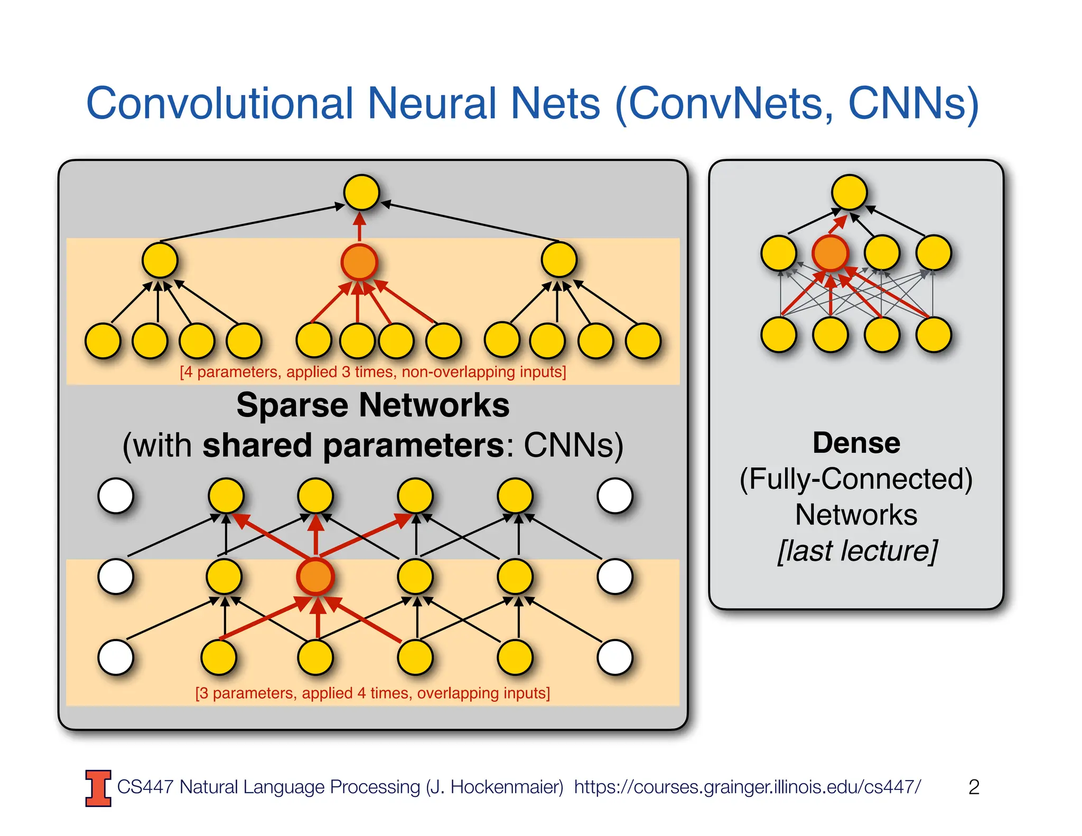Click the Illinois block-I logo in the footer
coord(98,788)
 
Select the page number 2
coord(974,787)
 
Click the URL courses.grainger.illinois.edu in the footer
coord(747,787)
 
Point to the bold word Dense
coord(856,443)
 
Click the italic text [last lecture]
coord(857,551)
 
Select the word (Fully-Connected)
coord(856,479)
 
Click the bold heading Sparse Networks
coord(373,405)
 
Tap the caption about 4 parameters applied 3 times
coord(373,372)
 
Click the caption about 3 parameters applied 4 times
coord(373,693)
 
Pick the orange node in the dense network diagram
coord(830,253)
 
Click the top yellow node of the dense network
coord(849,192)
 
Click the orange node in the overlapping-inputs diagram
coord(315,577)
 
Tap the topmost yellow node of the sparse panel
coord(361,192)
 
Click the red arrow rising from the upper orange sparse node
coord(360,226)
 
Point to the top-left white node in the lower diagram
coord(116,496)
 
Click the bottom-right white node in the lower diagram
coord(615,657)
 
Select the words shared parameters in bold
coord(353,445)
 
